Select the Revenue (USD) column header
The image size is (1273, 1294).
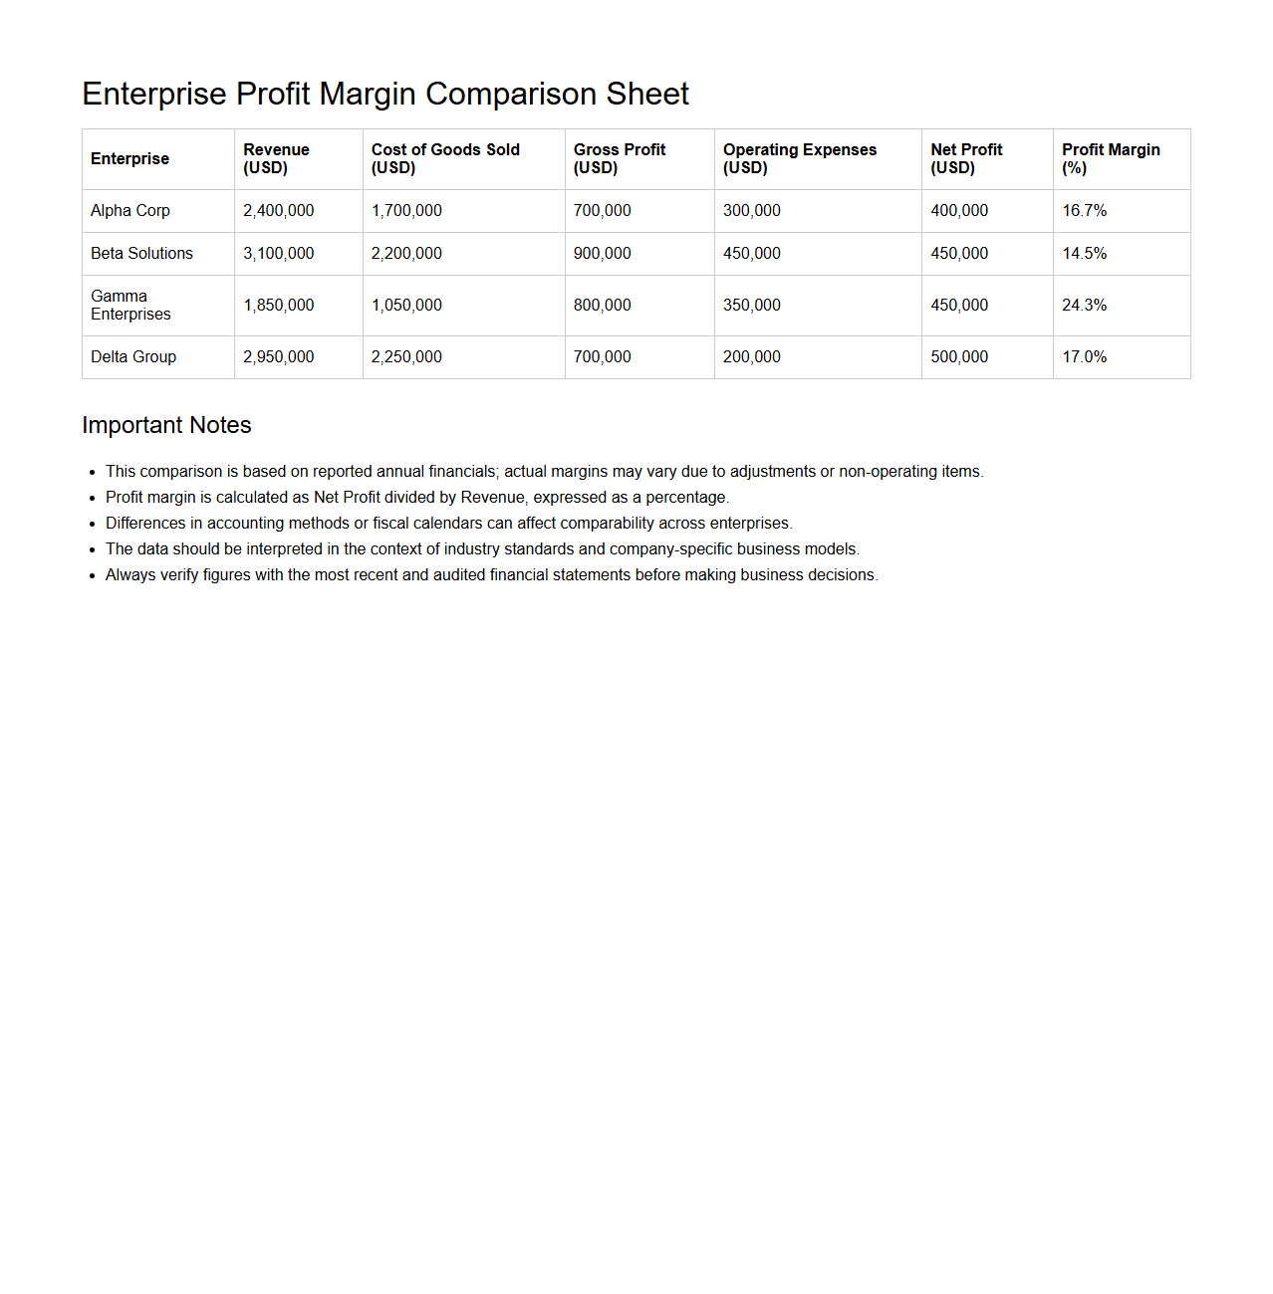coord(276,158)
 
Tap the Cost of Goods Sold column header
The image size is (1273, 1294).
coord(445,158)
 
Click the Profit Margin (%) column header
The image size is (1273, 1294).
coord(1111,158)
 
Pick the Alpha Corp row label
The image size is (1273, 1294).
coord(130,211)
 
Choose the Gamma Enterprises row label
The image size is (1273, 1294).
coord(130,306)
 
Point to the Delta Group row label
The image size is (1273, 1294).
coord(133,357)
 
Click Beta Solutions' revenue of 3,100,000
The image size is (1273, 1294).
coord(279,254)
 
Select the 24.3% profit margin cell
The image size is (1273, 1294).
coord(1084,306)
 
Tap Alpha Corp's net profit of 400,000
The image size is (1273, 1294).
coord(959,211)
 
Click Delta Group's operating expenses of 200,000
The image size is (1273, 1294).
coord(752,357)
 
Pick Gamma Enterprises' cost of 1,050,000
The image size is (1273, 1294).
coord(406,306)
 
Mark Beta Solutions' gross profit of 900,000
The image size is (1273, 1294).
coord(603,254)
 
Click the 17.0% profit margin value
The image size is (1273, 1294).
coord(1084,357)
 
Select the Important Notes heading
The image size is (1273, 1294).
coord(166,425)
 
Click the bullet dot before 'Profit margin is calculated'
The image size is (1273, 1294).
coord(92,499)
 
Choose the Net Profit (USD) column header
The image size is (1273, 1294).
coord(966,158)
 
